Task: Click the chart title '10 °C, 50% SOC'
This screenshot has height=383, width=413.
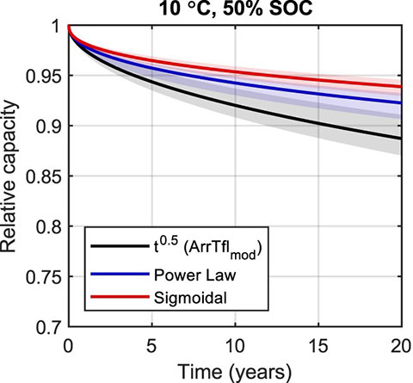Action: click(235, 9)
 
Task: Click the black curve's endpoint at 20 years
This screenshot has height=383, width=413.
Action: click(402, 138)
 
